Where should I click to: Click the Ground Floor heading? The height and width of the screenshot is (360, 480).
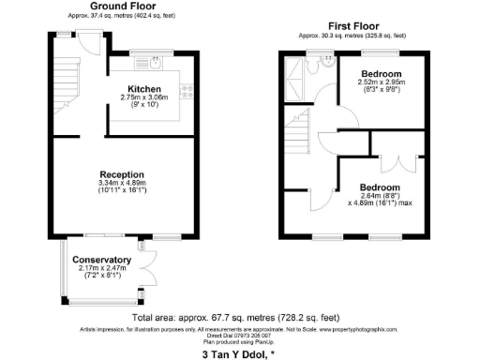coord(123,7)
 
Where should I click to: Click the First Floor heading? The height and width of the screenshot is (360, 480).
coord(352,26)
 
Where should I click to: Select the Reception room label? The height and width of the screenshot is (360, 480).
coord(123,174)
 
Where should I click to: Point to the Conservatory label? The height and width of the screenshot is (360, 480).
coord(103,260)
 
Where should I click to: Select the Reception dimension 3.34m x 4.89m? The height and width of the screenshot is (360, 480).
coord(123,184)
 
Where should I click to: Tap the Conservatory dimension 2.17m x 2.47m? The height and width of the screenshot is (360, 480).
coord(103,269)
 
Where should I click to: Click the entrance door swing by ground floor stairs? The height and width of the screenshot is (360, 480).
coord(92,38)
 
